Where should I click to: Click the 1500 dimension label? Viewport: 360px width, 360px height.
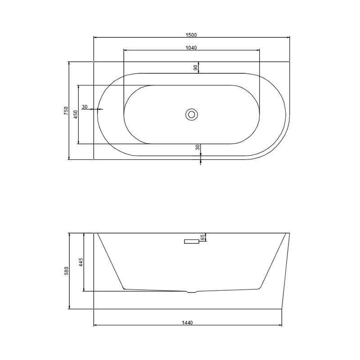[191, 35]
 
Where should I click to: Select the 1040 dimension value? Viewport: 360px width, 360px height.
[191, 48]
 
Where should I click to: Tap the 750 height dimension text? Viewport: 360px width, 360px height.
[66, 111]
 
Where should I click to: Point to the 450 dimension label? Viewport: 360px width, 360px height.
[76, 114]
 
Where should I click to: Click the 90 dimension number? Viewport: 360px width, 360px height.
[196, 67]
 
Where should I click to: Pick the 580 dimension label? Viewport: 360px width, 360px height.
[66, 271]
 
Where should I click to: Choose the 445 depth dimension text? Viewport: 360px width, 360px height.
[81, 262]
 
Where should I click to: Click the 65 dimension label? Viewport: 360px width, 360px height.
[202, 238]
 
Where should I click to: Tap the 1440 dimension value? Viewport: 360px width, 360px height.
[187, 323]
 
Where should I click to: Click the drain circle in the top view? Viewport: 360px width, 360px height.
[192, 114]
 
